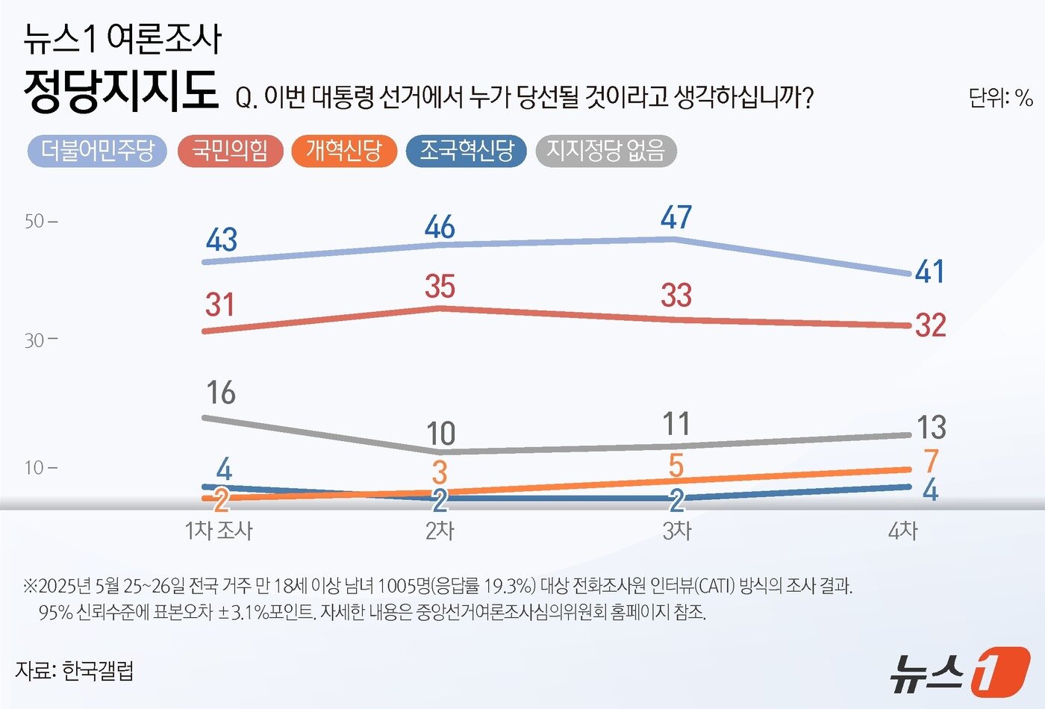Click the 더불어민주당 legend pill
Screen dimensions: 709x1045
click(97, 152)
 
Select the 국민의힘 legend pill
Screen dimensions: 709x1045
click(230, 152)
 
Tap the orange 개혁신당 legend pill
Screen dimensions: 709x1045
click(343, 152)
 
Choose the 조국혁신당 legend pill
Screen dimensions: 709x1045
click(466, 152)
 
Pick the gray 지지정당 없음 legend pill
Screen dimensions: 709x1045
click(605, 152)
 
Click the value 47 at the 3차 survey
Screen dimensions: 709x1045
click(676, 217)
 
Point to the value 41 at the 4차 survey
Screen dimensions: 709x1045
click(930, 272)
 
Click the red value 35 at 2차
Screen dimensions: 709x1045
click(440, 287)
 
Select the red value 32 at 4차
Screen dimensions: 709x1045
click(930, 325)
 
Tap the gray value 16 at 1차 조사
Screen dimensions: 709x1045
click(221, 393)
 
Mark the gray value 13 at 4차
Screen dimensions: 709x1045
click(931, 428)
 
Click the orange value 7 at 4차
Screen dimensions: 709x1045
click(930, 462)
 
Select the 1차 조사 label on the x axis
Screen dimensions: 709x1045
click(218, 531)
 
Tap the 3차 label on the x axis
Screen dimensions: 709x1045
click(676, 531)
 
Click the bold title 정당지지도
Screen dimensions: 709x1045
click(121, 92)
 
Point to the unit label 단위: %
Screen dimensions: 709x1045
click(1000, 98)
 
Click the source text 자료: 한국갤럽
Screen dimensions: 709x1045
click(75, 670)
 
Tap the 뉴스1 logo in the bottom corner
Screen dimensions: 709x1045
click(960, 671)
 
